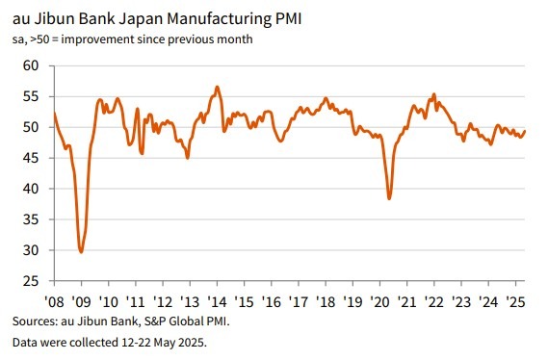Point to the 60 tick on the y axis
coord(29,65)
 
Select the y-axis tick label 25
coord(29,281)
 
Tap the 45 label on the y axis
coord(29,158)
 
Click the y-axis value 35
coord(29,219)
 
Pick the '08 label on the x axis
coord(54,297)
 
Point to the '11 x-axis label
coord(136,297)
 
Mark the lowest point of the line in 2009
coord(81,251)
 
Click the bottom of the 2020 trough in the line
coord(389,198)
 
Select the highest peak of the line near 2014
coord(217,87)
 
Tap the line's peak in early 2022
coord(434,94)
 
